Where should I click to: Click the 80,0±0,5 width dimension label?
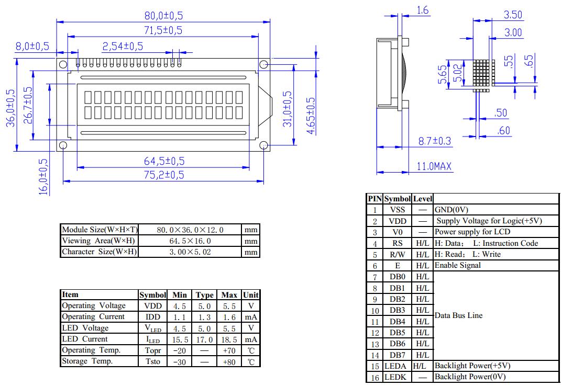pos(163,16)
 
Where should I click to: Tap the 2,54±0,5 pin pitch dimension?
pos(123,46)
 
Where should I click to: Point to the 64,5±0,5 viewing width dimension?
pos(164,162)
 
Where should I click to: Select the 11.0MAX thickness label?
pos(434,166)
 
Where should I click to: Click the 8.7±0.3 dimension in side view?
pos(434,141)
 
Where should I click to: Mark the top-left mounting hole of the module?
pos(63,64)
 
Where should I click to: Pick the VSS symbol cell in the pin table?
pos(398,210)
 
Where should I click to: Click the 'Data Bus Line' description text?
pos(458,315)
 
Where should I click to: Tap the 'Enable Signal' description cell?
pos(457,265)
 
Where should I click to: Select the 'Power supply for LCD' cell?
pos(472,232)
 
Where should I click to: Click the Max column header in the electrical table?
pos(229,295)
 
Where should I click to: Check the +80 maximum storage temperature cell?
pos(229,362)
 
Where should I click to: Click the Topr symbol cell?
pos(152,350)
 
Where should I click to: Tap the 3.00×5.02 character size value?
pos(191,252)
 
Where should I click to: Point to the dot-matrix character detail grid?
pos(483,74)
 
